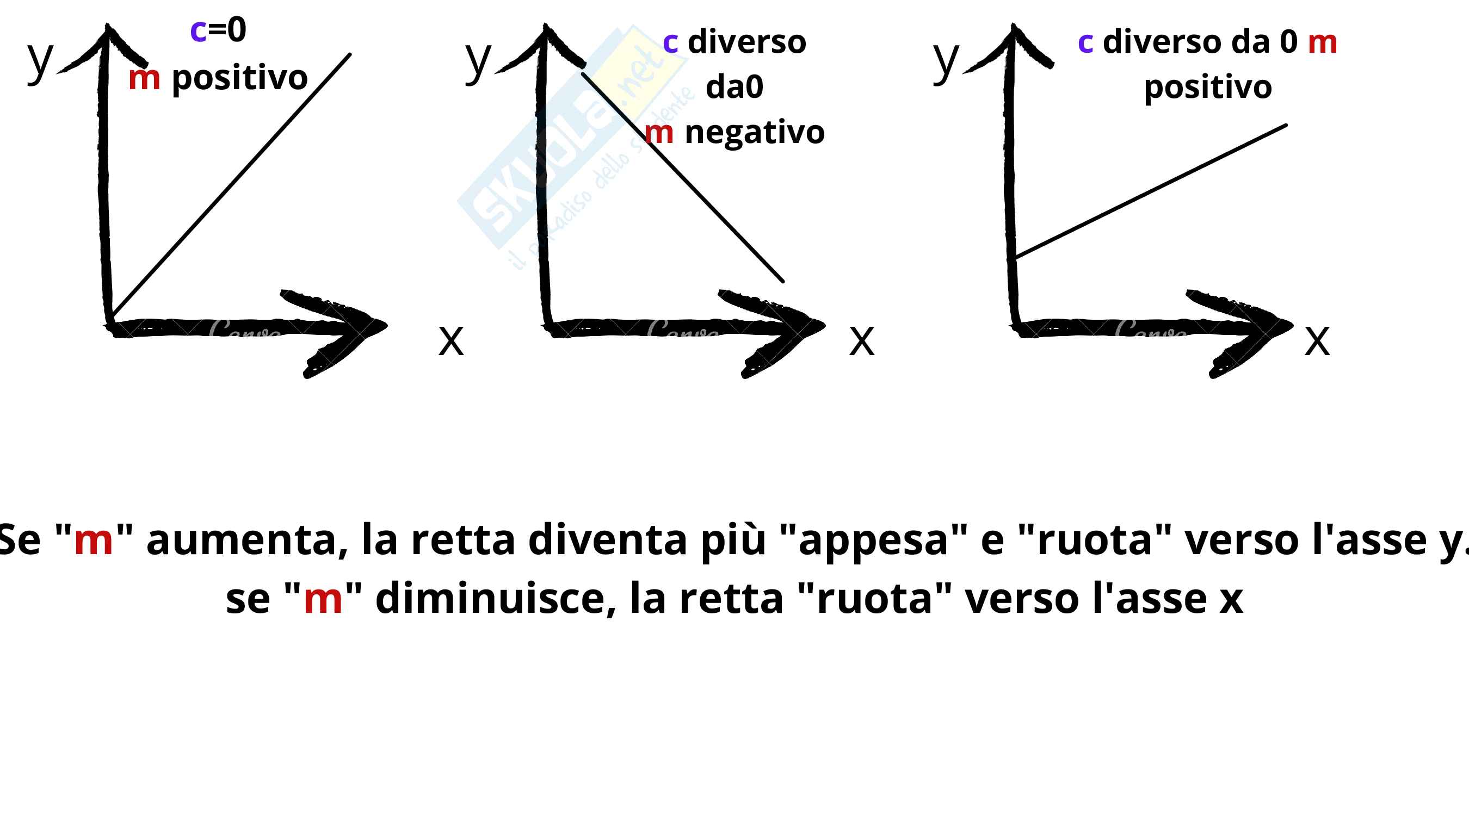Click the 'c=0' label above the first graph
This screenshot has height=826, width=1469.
click(x=218, y=30)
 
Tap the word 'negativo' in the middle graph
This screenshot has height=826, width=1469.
click(x=754, y=132)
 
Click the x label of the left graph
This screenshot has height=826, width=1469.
click(x=450, y=340)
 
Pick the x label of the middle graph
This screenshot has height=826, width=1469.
click(x=861, y=340)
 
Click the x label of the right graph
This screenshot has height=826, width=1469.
click(x=1317, y=340)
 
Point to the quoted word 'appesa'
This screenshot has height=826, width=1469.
click(x=873, y=540)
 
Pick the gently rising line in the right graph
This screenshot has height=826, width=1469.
click(x=1152, y=191)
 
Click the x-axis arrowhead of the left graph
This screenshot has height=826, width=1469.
click(x=348, y=331)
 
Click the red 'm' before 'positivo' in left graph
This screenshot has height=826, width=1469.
click(x=144, y=78)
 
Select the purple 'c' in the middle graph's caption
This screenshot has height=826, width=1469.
click(x=670, y=42)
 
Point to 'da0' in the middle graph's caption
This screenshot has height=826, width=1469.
click(x=734, y=87)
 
